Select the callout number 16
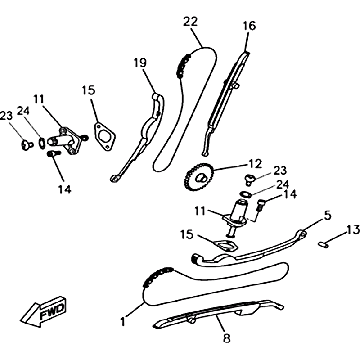click(x=249, y=26)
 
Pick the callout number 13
click(x=353, y=230)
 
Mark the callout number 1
click(x=122, y=321)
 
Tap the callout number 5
click(x=327, y=216)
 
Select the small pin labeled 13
click(x=322, y=243)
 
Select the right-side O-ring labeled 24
click(x=245, y=193)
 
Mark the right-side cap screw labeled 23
click(x=249, y=179)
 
